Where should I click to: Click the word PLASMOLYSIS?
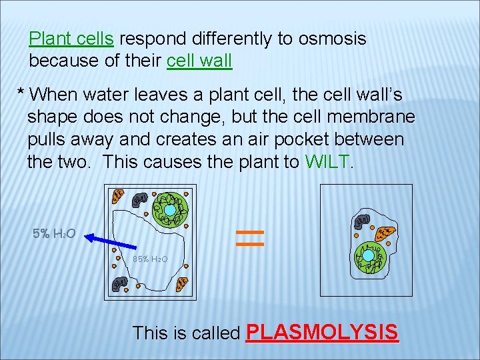pyautogui.click(x=322, y=331)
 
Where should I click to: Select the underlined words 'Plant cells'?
pyautogui.click(x=71, y=39)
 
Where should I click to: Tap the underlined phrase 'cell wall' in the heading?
pyautogui.click(x=199, y=61)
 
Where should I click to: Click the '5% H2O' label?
pyautogui.click(x=54, y=234)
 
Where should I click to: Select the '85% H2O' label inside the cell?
pyautogui.click(x=149, y=259)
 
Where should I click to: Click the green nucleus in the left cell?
pyautogui.click(x=171, y=209)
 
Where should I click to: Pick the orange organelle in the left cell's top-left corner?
pyautogui.click(x=117, y=196)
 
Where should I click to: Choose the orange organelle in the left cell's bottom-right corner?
pyautogui.click(x=183, y=285)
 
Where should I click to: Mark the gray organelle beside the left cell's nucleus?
pyautogui.click(x=141, y=199)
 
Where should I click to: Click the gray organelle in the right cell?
pyautogui.click(x=363, y=221)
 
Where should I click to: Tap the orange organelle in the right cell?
pyautogui.click(x=385, y=233)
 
